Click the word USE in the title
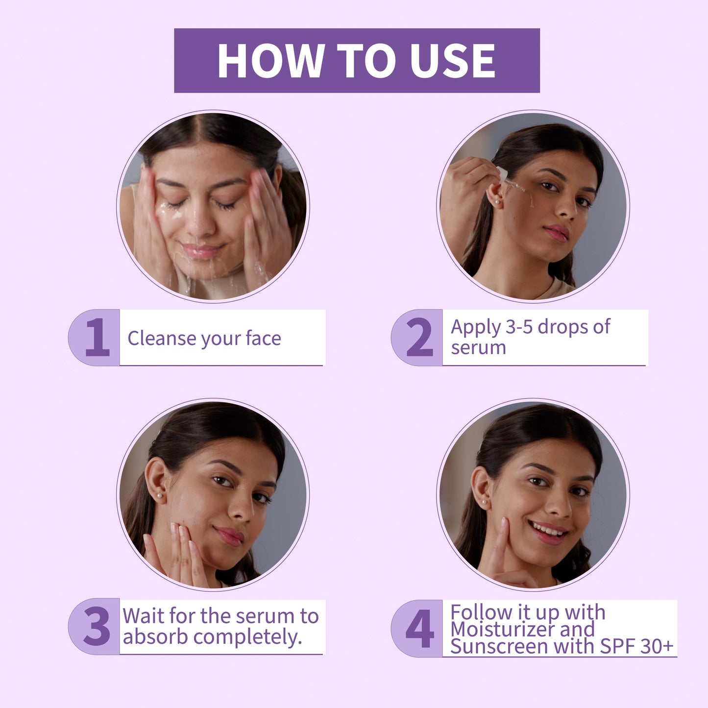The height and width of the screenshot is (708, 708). click(453, 61)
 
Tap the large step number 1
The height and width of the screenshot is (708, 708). click(98, 337)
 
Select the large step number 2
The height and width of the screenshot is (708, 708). click(419, 337)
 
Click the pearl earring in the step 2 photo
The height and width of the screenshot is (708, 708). click(497, 202)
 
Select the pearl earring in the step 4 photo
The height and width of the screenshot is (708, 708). click(484, 502)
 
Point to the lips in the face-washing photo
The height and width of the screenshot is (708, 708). click(202, 250)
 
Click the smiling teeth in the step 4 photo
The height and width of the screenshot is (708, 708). click(546, 530)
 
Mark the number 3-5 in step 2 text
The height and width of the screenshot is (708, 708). click(517, 326)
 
